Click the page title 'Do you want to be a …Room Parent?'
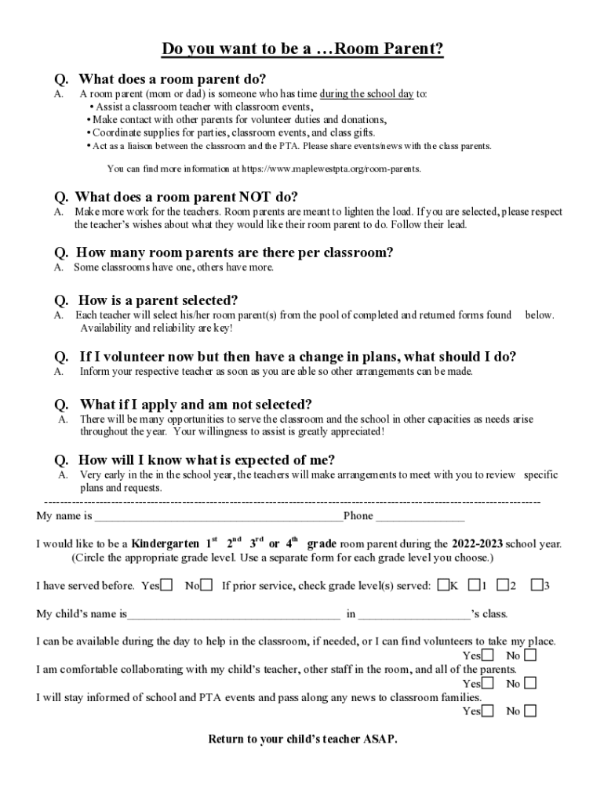pyautogui.click(x=302, y=50)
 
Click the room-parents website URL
pyautogui.click(x=331, y=169)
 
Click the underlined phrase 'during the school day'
pyautogui.click(x=366, y=94)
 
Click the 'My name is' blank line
pyautogui.click(x=218, y=518)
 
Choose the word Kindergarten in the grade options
pyautogui.click(x=164, y=543)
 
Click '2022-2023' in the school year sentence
pyautogui.click(x=477, y=543)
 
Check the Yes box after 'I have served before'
pyautogui.click(x=167, y=586)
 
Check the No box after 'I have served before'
pyautogui.click(x=206, y=586)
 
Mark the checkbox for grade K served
pyautogui.click(x=443, y=586)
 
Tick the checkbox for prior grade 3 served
pyautogui.click(x=537, y=586)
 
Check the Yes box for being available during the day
pyautogui.click(x=488, y=656)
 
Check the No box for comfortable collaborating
pyautogui.click(x=530, y=684)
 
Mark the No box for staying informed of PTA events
pyautogui.click(x=530, y=712)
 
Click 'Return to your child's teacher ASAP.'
pyautogui.click(x=302, y=739)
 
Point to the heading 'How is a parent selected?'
pyautogui.click(x=158, y=301)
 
